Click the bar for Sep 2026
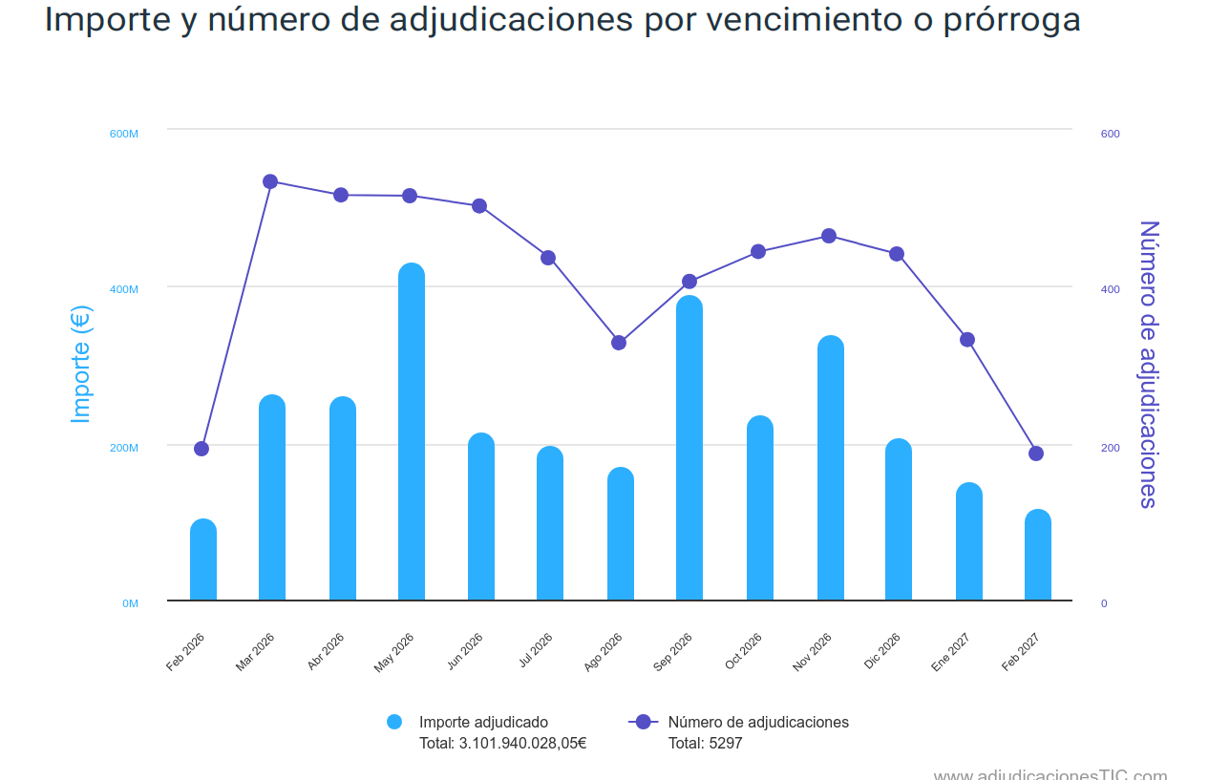coord(689,448)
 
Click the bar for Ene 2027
coord(969,541)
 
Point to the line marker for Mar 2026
coord(270,181)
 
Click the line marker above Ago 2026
coord(619,343)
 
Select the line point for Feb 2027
coord(1036,453)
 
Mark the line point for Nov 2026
coord(829,236)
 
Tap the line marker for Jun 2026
coord(479,206)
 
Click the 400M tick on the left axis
coord(124,289)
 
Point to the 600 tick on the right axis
coord(1110,134)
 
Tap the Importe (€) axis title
coord(81,365)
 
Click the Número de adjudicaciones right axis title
coord(1148,365)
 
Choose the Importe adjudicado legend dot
coord(394,722)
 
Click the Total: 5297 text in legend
coord(705,743)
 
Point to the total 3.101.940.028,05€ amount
coord(522,743)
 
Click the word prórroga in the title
coord(1011,19)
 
